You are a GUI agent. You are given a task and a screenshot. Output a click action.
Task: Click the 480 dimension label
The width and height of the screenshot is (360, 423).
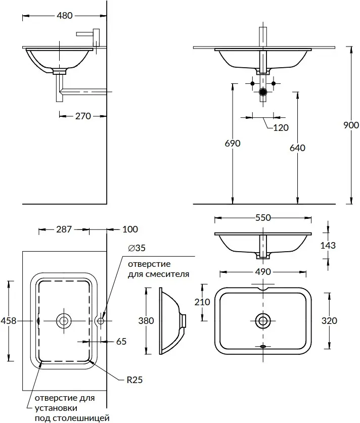(x=65, y=16)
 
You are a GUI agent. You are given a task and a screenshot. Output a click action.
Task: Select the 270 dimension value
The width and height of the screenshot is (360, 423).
(x=83, y=116)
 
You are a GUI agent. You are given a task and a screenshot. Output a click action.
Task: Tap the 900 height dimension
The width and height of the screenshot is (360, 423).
(x=351, y=125)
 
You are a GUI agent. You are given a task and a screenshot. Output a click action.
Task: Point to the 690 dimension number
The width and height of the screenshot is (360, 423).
(x=233, y=143)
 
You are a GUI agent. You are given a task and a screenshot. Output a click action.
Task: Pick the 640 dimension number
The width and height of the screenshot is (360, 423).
(x=297, y=148)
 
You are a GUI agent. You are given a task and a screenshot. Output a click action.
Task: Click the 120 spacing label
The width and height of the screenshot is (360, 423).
(x=281, y=127)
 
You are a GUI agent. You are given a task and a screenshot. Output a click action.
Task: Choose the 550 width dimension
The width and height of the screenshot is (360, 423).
(x=263, y=218)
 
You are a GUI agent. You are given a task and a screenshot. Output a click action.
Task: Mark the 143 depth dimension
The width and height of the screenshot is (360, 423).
(x=328, y=245)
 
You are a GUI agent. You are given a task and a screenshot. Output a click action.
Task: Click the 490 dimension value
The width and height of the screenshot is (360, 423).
(x=263, y=272)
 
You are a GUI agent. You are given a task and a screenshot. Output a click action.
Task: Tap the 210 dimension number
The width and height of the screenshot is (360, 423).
(x=202, y=302)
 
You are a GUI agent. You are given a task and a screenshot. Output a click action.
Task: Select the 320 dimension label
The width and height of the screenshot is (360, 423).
(x=329, y=320)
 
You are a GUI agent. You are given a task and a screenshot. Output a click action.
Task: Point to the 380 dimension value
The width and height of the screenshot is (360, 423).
(x=146, y=320)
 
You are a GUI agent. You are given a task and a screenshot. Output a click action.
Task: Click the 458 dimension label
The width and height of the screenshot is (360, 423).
(x=9, y=320)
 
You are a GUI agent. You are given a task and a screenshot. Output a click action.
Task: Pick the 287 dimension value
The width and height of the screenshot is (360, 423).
(x=64, y=229)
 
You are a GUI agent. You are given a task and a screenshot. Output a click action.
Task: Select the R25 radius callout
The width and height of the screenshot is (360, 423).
(x=134, y=380)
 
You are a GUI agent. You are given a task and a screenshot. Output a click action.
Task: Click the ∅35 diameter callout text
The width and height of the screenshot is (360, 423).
(x=137, y=248)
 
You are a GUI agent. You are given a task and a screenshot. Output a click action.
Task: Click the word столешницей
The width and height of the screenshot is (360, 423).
(x=81, y=418)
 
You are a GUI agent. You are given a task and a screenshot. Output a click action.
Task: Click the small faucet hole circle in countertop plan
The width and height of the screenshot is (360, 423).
(x=101, y=321)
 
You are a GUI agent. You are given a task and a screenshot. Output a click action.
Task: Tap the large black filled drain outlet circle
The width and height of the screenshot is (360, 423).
(x=263, y=92)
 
